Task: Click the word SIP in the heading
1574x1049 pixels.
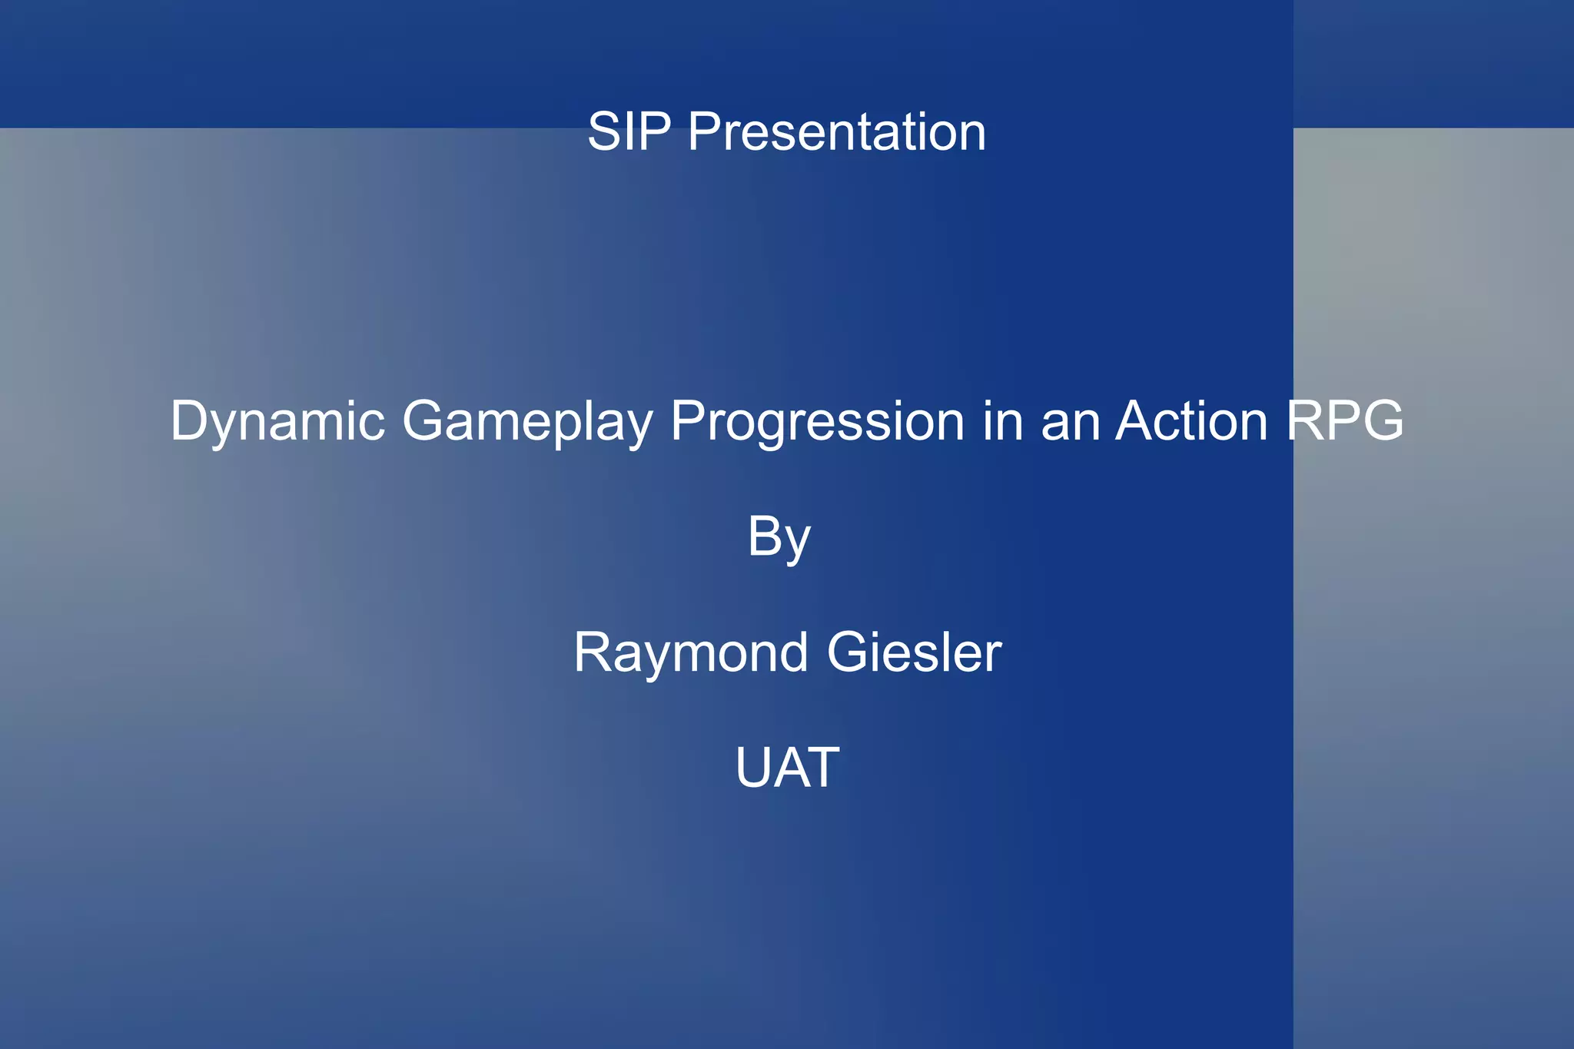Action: (x=629, y=132)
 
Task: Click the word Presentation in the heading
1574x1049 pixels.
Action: (x=836, y=132)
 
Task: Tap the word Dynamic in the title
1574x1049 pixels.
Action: (x=277, y=423)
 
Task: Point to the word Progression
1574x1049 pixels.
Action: (x=817, y=423)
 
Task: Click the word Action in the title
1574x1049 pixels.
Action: (x=1191, y=421)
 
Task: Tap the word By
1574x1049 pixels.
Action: (x=779, y=538)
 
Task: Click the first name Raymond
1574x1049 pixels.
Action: (x=690, y=653)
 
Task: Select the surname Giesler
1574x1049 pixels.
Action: (x=914, y=653)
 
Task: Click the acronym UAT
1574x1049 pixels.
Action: (x=787, y=767)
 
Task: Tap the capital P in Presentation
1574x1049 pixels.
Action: (x=706, y=132)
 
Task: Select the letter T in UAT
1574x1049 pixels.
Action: (x=820, y=767)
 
